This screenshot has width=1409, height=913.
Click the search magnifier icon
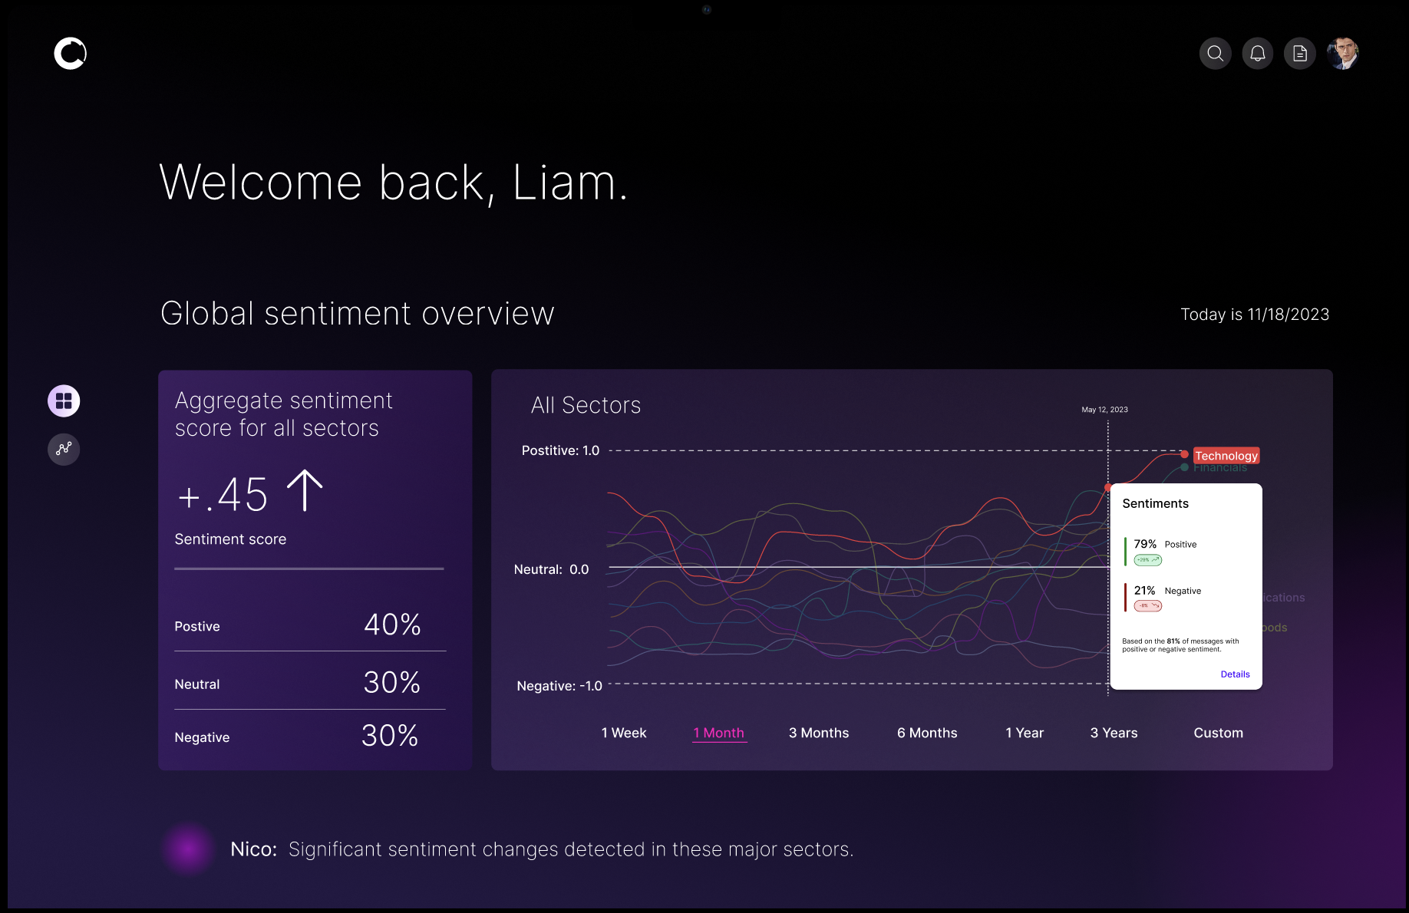pos(1215,54)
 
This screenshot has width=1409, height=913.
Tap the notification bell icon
pos(1257,54)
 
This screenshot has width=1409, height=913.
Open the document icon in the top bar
pos(1299,54)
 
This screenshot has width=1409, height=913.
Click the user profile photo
pos(1342,54)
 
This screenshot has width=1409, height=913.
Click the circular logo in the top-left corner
pos(71,54)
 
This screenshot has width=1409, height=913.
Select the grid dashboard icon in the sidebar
pos(64,401)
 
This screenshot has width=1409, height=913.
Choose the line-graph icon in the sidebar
pos(64,449)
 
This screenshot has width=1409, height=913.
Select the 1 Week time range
pos(624,733)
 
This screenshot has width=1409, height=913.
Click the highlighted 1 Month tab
pos(719,733)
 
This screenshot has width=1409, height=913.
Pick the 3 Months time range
pos(819,733)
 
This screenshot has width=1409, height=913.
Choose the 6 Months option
pos(927,733)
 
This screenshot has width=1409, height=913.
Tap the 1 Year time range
pos(1025,733)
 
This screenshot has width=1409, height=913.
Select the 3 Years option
pos(1114,733)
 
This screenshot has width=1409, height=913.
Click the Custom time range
pos(1218,733)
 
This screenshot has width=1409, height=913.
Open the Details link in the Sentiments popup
pos(1235,674)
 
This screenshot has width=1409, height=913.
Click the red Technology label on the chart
pos(1226,456)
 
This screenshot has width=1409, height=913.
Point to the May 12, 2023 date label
pos(1104,410)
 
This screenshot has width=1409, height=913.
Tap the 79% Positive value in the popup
pos(1145,544)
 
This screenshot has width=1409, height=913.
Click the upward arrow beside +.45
pos(305,490)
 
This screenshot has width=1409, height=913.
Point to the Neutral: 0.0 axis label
pos(551,569)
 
